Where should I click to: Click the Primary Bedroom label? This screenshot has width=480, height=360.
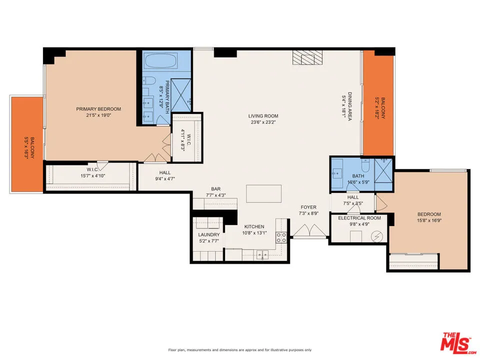(x=98, y=109)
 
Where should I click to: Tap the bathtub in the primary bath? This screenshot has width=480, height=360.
(x=160, y=62)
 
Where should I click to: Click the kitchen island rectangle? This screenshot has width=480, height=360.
(x=263, y=193)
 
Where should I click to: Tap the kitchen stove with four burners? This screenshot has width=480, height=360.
(x=281, y=238)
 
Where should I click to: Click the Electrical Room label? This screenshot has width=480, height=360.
(x=359, y=218)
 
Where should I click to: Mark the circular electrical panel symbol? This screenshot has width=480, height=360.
(x=377, y=235)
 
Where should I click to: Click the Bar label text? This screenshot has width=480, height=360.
(x=216, y=189)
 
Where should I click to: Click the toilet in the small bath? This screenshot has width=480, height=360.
(x=365, y=166)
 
